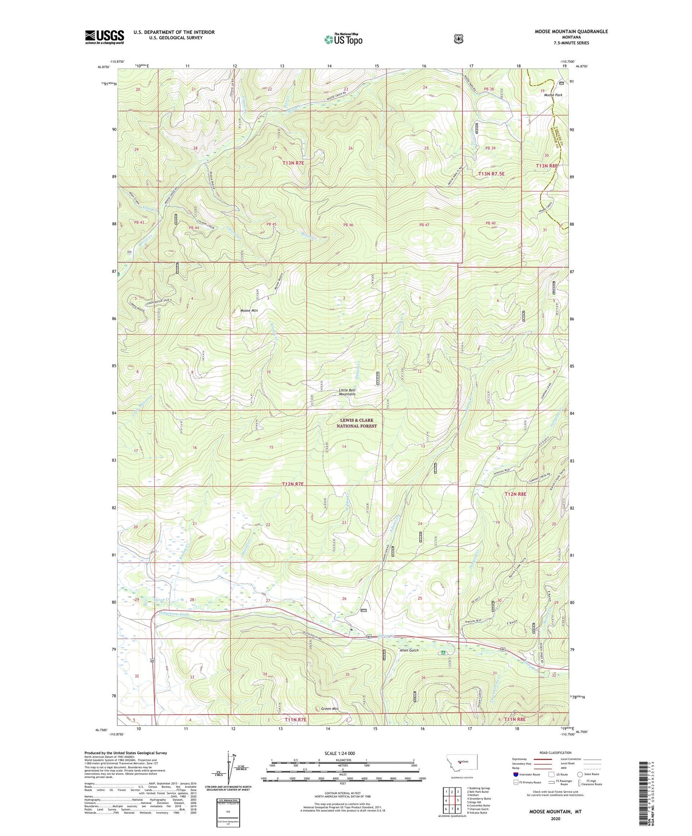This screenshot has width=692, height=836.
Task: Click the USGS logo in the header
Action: click(x=104, y=37)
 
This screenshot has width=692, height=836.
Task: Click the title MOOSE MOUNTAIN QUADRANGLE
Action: click(x=571, y=32)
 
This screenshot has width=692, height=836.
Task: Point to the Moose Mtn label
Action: click(x=249, y=311)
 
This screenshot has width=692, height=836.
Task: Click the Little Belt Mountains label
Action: click(x=354, y=392)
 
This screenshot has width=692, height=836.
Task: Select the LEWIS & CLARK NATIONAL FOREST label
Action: click(x=356, y=423)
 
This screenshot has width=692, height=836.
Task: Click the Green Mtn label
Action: click(x=330, y=709)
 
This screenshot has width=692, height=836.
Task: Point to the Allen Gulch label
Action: click(x=409, y=650)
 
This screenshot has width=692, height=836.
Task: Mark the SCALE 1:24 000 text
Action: click(x=340, y=754)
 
